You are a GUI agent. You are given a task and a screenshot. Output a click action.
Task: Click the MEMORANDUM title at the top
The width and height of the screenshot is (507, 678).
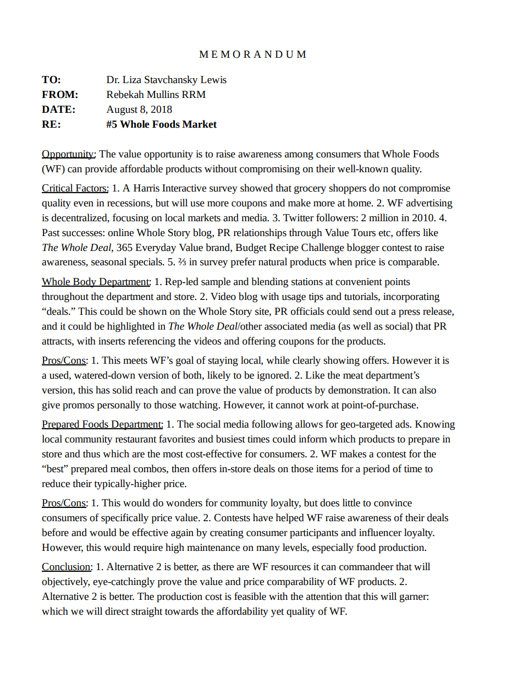tap(253, 54)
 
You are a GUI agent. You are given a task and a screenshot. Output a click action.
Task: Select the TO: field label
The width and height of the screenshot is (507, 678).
tap(51, 80)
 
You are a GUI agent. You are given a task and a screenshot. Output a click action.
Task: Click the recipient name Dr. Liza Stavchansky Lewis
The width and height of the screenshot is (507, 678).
tap(166, 80)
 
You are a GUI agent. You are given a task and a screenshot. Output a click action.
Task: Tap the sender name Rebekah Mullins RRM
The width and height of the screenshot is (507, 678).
tap(156, 95)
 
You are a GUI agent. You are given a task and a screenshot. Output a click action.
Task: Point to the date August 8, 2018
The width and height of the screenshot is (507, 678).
tap(139, 110)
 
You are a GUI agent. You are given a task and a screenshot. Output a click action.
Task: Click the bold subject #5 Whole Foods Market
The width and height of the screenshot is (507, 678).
tap(161, 124)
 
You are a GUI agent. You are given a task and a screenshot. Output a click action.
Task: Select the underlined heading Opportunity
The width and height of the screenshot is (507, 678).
tap(69, 154)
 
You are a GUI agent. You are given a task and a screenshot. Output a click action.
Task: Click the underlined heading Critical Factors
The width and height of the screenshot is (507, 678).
tap(75, 188)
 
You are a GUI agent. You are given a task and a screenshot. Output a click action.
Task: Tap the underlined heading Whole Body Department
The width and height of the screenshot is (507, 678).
tap(96, 282)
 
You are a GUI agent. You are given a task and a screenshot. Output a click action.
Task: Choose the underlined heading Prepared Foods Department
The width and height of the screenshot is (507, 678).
tap(102, 424)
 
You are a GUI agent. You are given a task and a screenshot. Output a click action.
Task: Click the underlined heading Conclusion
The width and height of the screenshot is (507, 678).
tap(66, 566)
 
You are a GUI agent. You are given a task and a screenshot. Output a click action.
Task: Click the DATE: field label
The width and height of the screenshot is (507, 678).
tap(58, 110)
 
